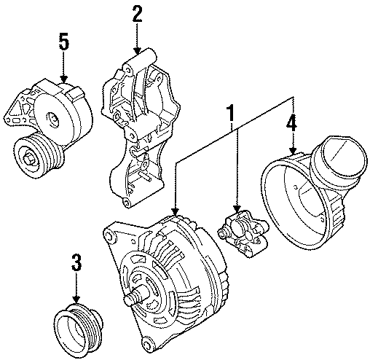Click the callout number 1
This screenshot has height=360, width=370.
(x=232, y=115)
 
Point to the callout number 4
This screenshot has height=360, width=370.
(x=291, y=124)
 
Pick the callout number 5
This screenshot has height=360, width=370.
(x=64, y=42)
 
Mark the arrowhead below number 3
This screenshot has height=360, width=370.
(x=75, y=300)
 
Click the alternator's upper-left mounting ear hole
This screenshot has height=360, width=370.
(x=109, y=235)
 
